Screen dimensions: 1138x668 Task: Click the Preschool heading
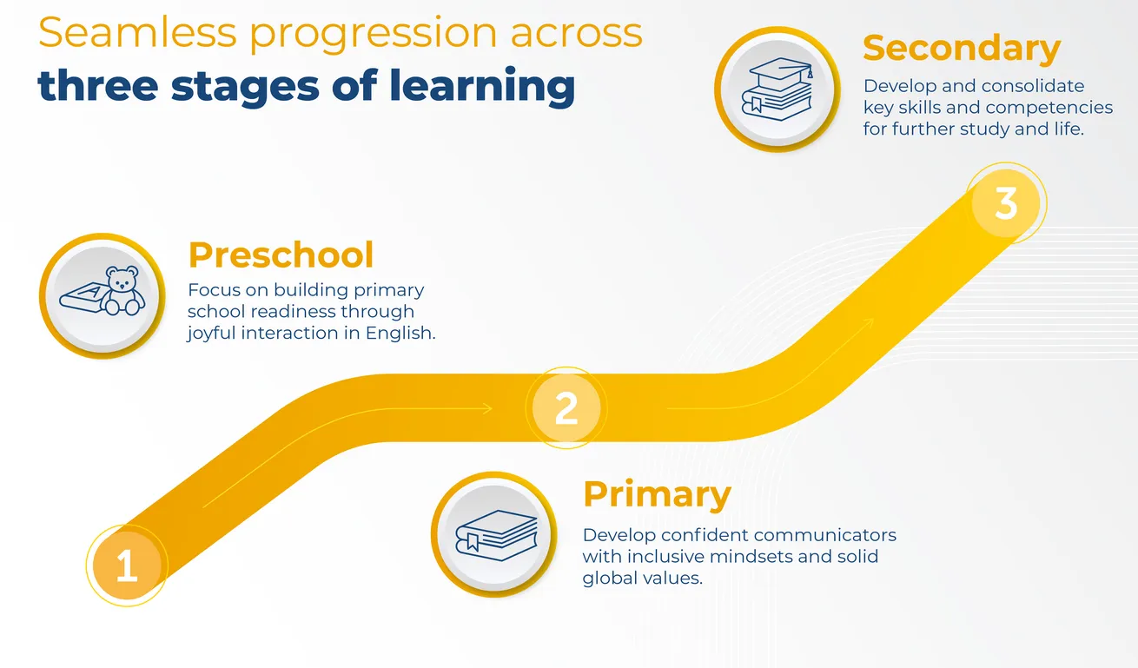click(x=281, y=255)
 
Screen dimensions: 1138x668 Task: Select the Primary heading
click(x=657, y=495)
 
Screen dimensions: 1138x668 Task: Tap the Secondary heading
click(x=962, y=50)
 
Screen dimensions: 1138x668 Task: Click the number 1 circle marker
click(x=127, y=565)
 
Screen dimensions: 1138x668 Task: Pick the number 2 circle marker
click(x=566, y=408)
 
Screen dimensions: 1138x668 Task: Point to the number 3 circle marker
click(x=1006, y=203)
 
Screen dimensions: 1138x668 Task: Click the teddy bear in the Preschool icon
click(x=122, y=291)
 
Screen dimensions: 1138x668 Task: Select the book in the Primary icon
click(x=496, y=535)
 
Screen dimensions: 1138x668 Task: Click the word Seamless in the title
click(x=137, y=32)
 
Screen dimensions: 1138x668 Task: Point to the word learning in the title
click(x=482, y=86)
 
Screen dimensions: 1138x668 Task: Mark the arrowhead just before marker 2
click(x=487, y=408)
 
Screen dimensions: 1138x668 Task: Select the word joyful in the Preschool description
click(x=211, y=334)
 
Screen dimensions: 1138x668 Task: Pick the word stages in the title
click(x=245, y=88)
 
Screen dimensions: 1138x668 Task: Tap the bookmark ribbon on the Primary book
click(x=473, y=542)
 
